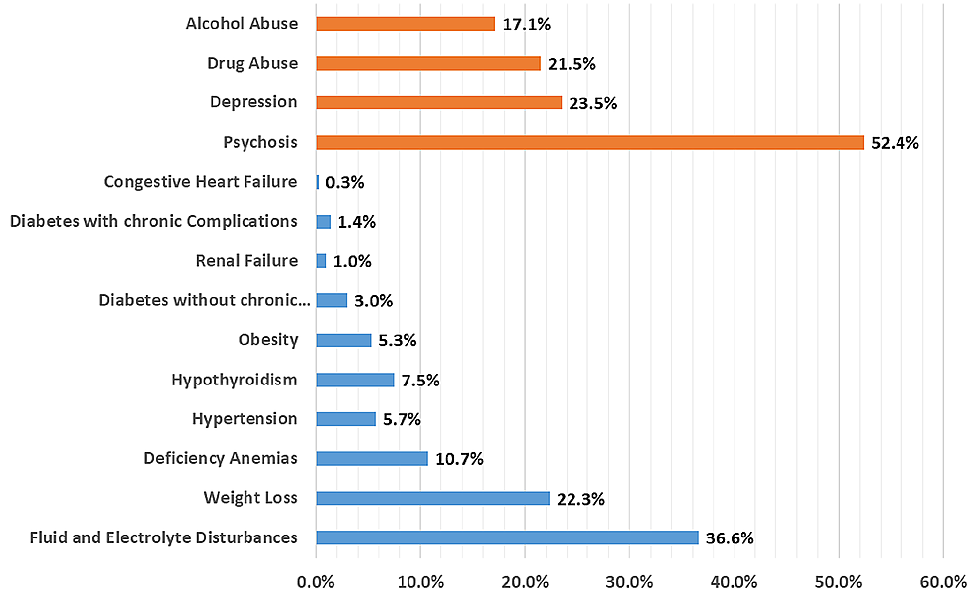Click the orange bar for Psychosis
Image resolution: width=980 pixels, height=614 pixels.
pyautogui.click(x=589, y=142)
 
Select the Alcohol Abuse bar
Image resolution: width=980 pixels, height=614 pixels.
pyautogui.click(x=405, y=23)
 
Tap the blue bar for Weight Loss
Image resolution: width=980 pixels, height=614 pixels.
pyautogui.click(x=432, y=498)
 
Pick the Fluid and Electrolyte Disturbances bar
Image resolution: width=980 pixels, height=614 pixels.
pyautogui.click(x=507, y=537)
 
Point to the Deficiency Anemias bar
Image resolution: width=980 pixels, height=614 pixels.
pyautogui.click(x=372, y=458)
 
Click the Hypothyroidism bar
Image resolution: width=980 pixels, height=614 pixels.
pyautogui.click(x=355, y=380)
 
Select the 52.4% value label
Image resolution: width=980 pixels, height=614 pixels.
pyautogui.click(x=895, y=142)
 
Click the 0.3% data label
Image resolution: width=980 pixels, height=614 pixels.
pyautogui.click(x=345, y=182)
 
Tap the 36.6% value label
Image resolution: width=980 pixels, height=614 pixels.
pyautogui.click(x=730, y=537)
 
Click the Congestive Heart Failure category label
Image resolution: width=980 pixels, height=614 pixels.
pyautogui.click(x=201, y=181)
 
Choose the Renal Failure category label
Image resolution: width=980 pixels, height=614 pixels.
pyautogui.click(x=246, y=260)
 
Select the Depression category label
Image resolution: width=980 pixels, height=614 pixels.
pyautogui.click(x=253, y=101)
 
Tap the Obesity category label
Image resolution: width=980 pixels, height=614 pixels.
pyautogui.click(x=267, y=339)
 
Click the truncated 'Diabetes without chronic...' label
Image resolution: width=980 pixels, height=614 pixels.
pyautogui.click(x=205, y=300)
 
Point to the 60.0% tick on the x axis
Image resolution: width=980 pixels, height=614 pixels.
pyautogui.click(x=943, y=582)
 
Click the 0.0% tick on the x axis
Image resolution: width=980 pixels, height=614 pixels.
pyautogui.click(x=316, y=582)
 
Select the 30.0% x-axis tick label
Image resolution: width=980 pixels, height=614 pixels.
pyautogui.click(x=629, y=582)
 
